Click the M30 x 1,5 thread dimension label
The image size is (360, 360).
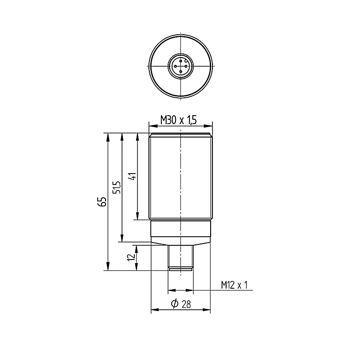point(178,120)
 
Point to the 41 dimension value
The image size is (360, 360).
point(132,176)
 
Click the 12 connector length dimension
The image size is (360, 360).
point(131,257)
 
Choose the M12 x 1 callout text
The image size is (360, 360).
point(234,285)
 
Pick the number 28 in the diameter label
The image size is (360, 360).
point(186,304)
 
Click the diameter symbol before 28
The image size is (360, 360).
point(175,303)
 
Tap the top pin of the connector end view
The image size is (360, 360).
point(181,61)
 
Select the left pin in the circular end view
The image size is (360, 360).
point(175,66)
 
